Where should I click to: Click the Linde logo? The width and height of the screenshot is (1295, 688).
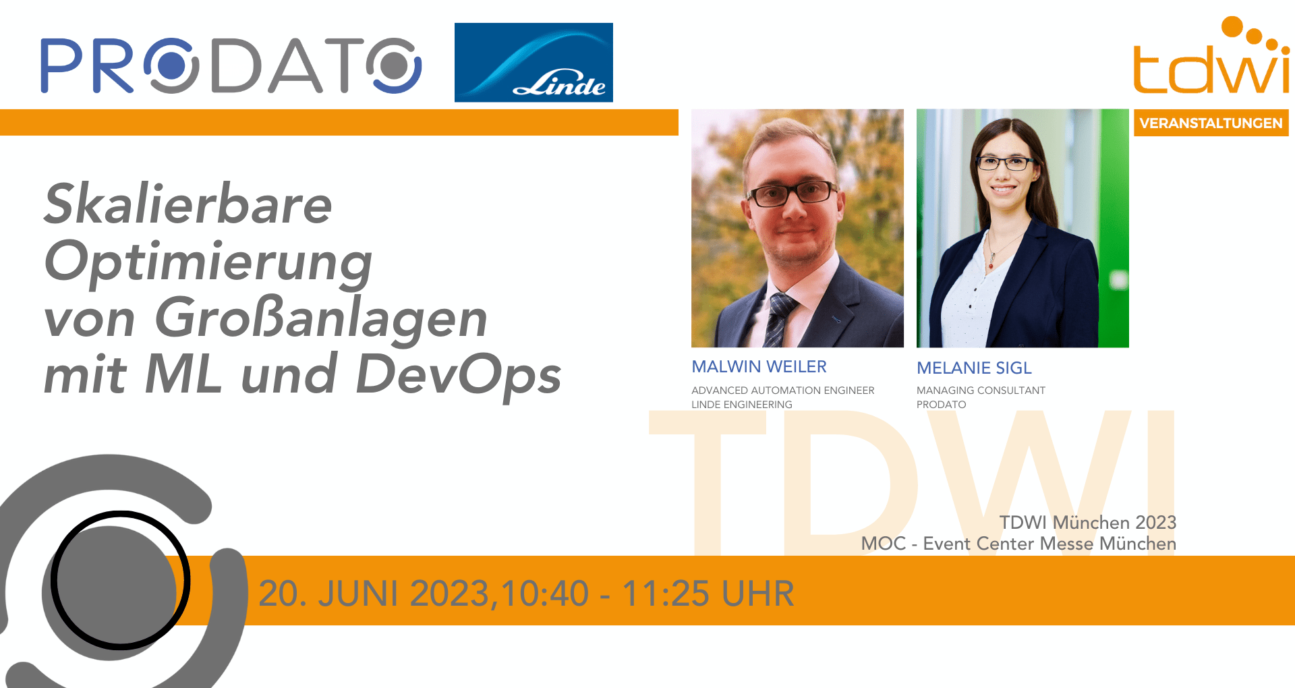(534, 62)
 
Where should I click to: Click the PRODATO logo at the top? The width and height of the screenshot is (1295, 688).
(231, 65)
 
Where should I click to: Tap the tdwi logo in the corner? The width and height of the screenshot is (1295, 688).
(1211, 55)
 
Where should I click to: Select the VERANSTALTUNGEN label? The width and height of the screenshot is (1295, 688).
(1211, 123)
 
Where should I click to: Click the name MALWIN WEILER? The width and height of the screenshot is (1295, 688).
(759, 367)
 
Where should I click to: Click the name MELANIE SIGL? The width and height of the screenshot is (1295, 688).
(974, 368)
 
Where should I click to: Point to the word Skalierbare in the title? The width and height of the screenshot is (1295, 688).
(188, 204)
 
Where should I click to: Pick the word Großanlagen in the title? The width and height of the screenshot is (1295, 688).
(321, 318)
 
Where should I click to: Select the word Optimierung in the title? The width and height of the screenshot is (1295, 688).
(208, 263)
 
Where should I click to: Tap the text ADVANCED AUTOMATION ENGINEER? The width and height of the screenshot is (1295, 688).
(782, 391)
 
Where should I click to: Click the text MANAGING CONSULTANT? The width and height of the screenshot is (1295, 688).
(981, 391)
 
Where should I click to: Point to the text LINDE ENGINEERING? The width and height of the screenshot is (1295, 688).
(742, 405)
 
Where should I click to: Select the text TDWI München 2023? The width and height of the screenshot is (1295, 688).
(1087, 523)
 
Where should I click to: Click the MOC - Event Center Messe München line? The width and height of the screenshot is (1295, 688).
(1018, 544)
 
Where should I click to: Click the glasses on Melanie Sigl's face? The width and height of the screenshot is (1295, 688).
(1005, 163)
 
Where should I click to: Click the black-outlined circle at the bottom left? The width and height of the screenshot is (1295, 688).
(121, 580)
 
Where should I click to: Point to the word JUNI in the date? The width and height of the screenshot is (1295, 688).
(357, 594)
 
